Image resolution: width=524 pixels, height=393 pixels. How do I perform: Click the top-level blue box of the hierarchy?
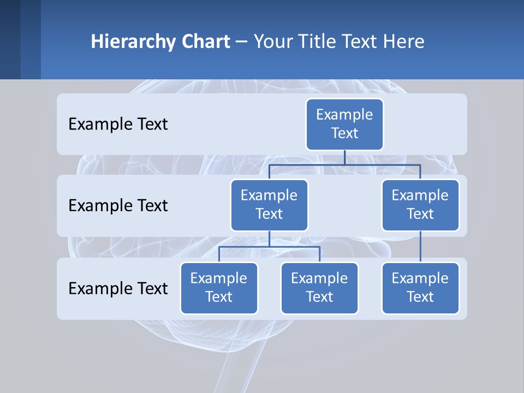344,124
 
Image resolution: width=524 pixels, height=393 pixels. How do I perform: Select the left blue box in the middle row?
269,205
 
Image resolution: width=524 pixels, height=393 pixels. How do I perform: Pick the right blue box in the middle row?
420,205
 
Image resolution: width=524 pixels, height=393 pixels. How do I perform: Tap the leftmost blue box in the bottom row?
219,288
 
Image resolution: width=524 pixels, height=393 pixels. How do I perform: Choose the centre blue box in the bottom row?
319,288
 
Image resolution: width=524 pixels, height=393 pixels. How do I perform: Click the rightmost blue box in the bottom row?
420,288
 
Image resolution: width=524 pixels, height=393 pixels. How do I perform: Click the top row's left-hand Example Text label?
118,124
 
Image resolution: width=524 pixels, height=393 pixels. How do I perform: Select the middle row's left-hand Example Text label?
118,206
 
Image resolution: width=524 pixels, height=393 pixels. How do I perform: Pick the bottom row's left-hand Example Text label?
118,288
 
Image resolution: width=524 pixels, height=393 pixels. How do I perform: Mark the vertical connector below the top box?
344,157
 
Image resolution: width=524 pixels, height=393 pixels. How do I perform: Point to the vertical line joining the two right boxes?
420,247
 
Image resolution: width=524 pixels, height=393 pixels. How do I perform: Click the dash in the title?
242,42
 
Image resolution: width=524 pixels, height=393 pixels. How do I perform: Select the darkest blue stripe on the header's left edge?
10,39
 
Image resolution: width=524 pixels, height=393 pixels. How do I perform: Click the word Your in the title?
271,41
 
